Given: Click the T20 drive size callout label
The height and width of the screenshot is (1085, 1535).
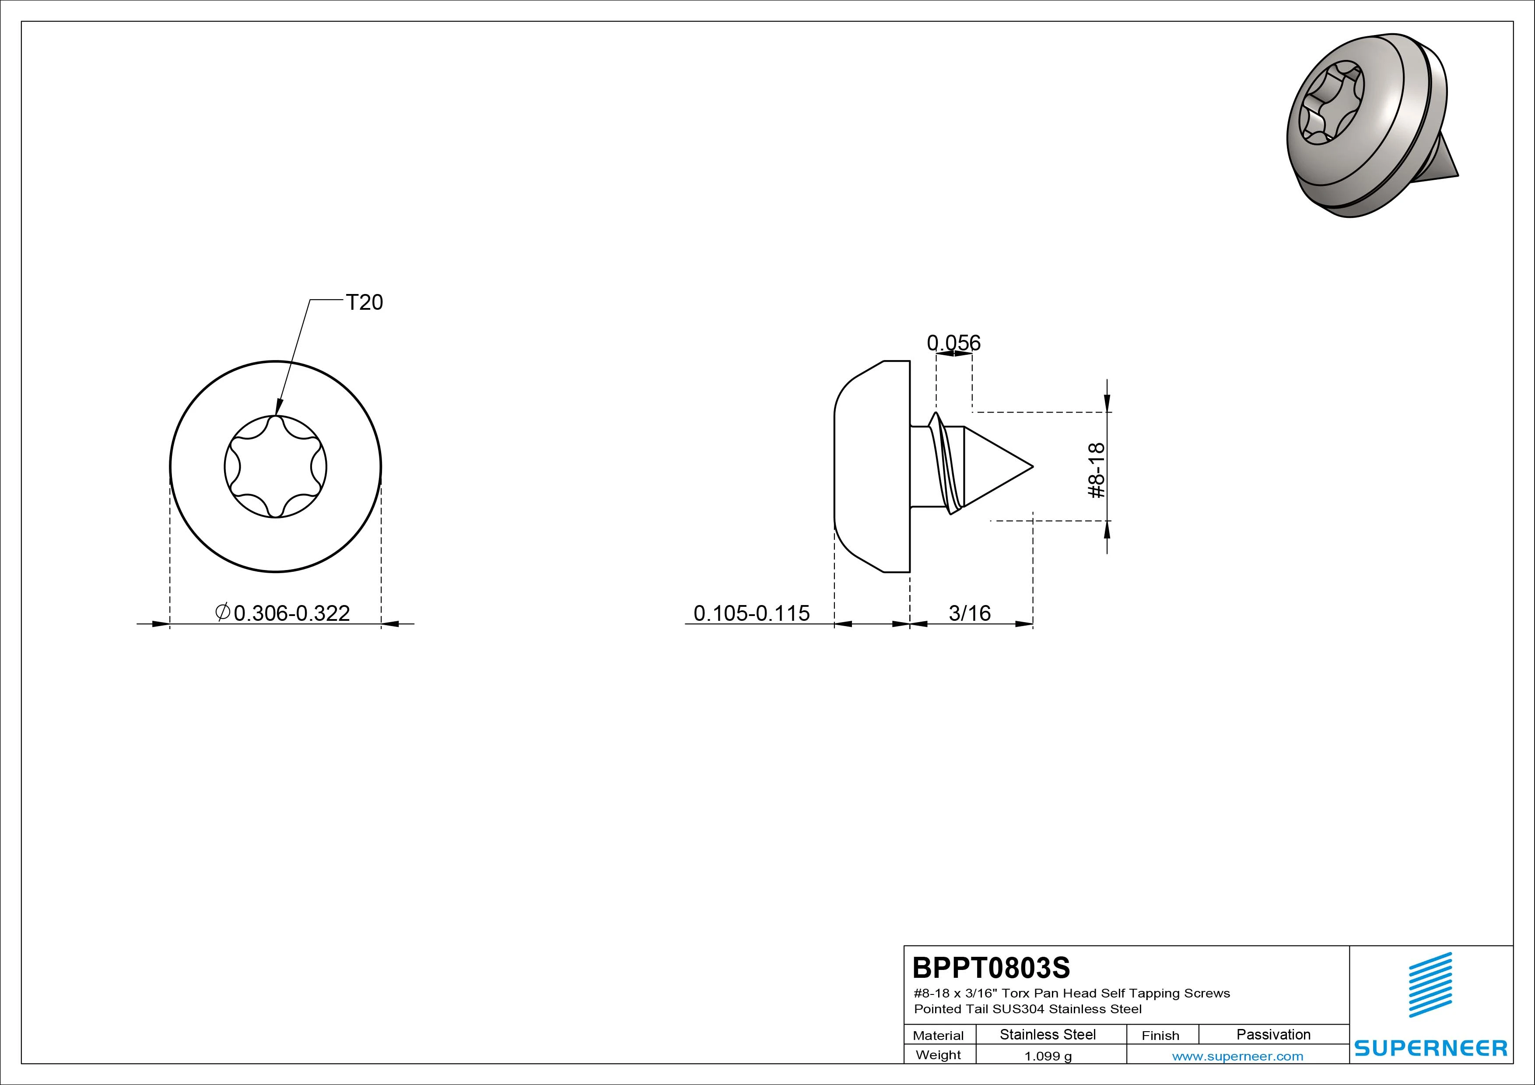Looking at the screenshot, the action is [364, 303].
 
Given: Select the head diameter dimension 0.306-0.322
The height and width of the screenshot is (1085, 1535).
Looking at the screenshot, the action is [291, 613].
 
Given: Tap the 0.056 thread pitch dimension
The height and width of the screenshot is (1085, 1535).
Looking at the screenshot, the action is [953, 343].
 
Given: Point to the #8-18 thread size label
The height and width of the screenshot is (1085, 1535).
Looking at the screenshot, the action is [1097, 471].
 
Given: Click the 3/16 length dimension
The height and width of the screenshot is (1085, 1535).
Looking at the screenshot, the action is [969, 613].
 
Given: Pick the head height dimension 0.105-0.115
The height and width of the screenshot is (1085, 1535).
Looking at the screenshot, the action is [751, 613].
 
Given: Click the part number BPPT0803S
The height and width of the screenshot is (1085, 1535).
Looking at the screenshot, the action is [991, 967].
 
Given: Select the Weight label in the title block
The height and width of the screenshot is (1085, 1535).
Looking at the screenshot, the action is [938, 1055].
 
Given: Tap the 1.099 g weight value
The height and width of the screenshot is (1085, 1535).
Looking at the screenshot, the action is [1048, 1056].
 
